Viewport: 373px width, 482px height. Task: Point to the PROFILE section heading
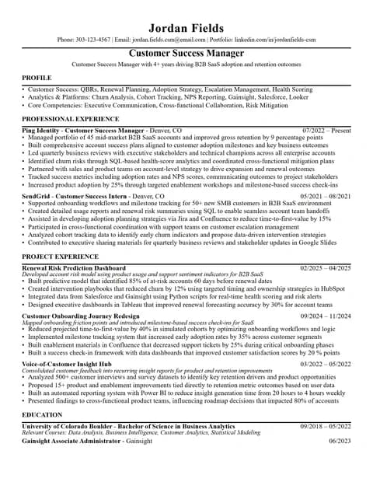point(37,79)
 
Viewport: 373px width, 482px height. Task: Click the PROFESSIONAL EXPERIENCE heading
point(70,119)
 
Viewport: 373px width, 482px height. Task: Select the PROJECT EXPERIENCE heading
point(60,256)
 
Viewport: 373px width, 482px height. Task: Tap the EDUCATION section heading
point(42,415)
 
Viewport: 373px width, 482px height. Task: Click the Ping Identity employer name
point(41,131)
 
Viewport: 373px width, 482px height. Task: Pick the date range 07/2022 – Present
point(326,131)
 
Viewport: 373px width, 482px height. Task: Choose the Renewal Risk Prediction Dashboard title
point(73,267)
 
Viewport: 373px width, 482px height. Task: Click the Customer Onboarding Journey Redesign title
point(81,316)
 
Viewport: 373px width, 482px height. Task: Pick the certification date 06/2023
point(340,441)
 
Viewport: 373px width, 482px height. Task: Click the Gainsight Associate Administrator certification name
point(71,441)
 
